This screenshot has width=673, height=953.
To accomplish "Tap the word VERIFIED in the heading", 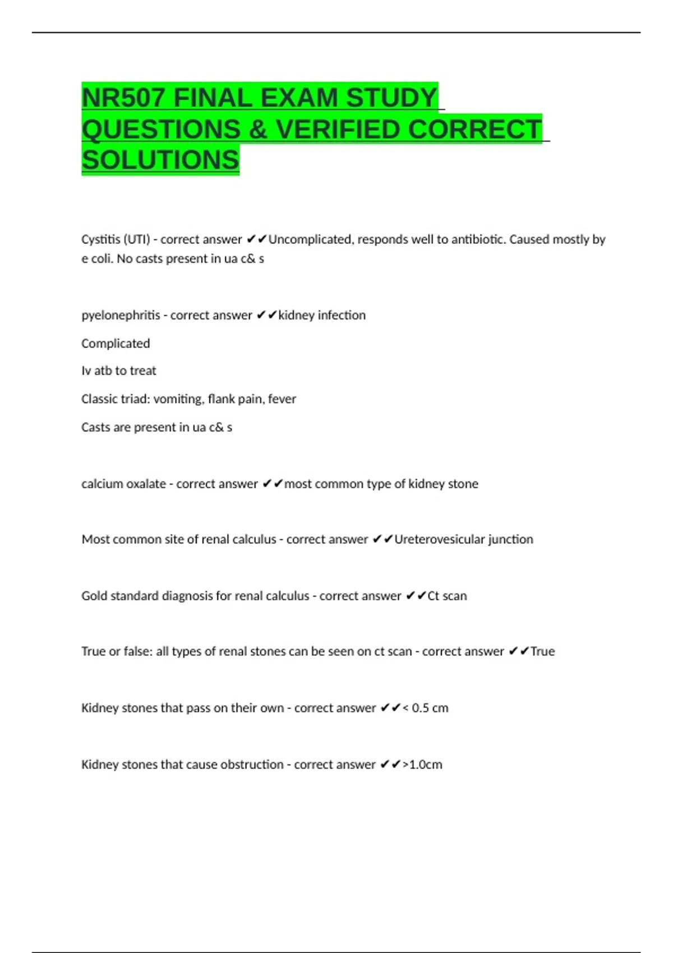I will (338, 129).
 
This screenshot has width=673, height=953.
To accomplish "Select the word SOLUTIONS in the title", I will (160, 160).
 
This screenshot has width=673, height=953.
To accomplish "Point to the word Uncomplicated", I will (310, 239).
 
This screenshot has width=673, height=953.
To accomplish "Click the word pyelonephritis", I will (121, 316).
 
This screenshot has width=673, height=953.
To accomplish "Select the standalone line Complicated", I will (116, 344).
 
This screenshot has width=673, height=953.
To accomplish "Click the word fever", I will (282, 399).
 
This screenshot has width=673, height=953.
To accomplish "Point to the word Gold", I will (94, 596).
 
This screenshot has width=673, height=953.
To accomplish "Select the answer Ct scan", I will (447, 596).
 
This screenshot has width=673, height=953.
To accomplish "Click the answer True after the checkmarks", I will (542, 651).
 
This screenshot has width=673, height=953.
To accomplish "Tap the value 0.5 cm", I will (430, 708).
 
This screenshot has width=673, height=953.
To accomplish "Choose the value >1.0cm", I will (422, 765).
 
